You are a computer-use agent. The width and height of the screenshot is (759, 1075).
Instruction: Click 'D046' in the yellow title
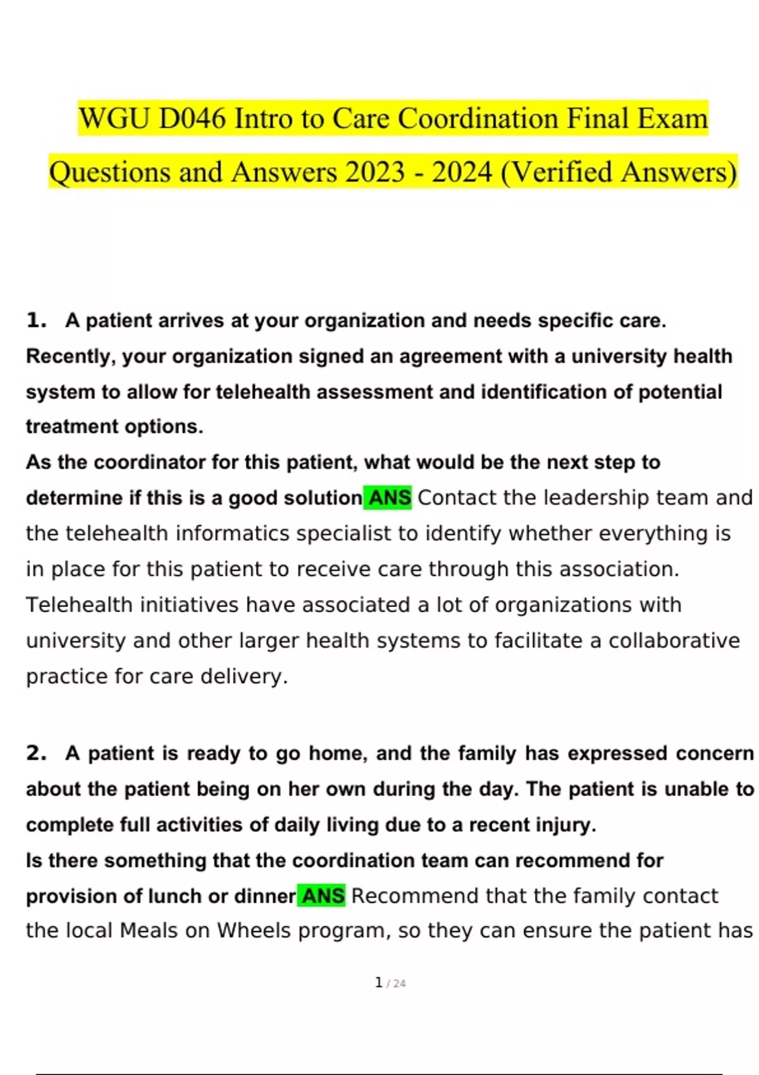coord(192,118)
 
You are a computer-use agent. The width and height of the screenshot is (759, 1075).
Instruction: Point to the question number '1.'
coord(37,321)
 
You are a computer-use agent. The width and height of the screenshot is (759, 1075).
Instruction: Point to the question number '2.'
coord(37,753)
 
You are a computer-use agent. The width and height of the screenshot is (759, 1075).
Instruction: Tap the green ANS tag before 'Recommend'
coord(323,896)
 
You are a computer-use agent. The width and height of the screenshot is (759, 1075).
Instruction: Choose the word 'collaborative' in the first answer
coord(674,641)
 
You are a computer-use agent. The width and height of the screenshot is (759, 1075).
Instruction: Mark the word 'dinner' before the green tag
coord(264,896)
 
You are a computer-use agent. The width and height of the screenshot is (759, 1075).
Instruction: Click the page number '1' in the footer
coord(379,982)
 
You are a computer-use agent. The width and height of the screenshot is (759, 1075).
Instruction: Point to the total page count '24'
coord(399,983)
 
